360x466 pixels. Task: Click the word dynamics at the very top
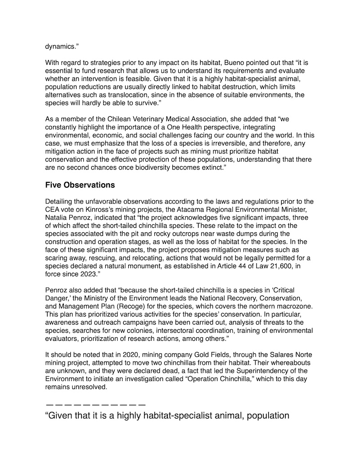click(61, 45)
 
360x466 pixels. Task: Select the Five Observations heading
click(80, 185)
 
